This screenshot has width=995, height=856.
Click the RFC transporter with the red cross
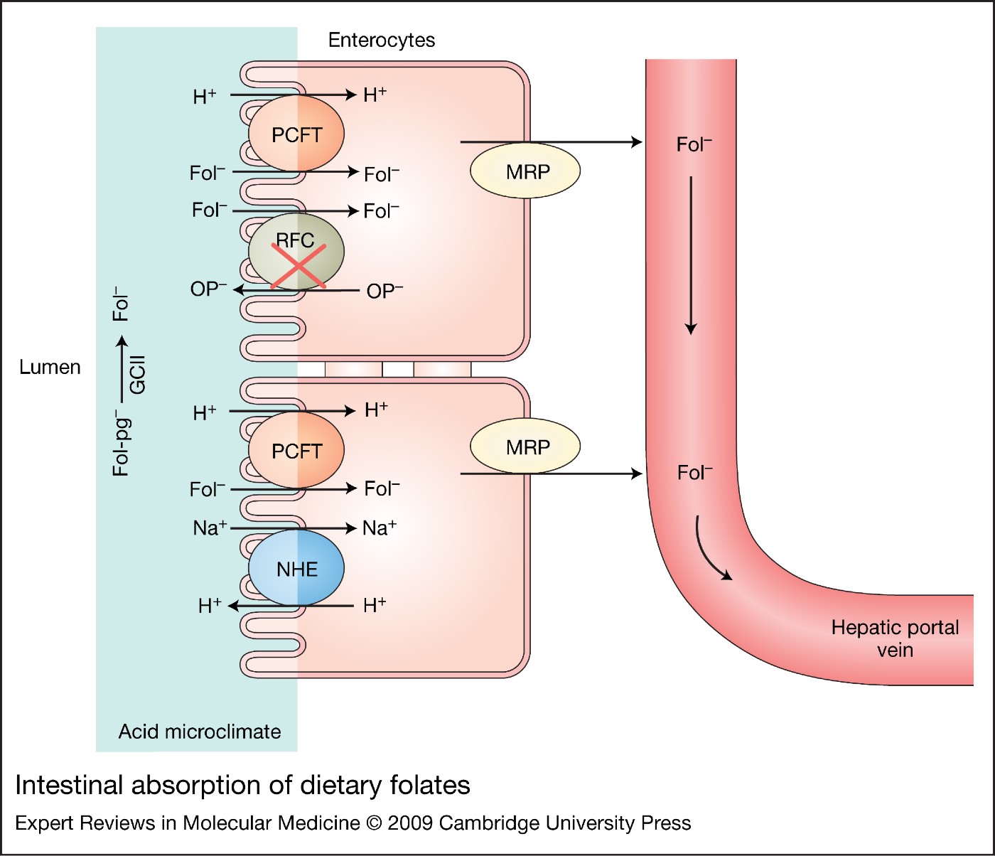click(296, 252)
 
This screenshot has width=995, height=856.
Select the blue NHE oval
click(296, 569)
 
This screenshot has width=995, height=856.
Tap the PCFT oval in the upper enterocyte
click(296, 134)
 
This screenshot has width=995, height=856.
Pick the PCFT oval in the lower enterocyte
click(296, 451)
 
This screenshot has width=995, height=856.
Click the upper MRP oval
click(526, 171)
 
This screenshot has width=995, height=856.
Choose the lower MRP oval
click(526, 446)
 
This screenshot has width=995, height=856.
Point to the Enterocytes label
click(381, 41)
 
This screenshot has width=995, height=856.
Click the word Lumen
click(50, 368)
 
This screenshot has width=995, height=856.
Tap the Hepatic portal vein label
click(894, 638)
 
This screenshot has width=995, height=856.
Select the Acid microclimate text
click(200, 732)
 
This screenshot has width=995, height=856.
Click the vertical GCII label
click(137, 375)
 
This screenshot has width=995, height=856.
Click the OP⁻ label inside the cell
click(384, 291)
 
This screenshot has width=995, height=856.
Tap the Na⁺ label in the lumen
click(210, 528)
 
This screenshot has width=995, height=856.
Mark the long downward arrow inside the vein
click(690, 256)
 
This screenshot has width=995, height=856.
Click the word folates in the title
click(430, 786)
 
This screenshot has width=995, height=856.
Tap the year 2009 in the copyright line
click(410, 823)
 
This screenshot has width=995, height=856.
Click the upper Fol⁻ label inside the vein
click(694, 144)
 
